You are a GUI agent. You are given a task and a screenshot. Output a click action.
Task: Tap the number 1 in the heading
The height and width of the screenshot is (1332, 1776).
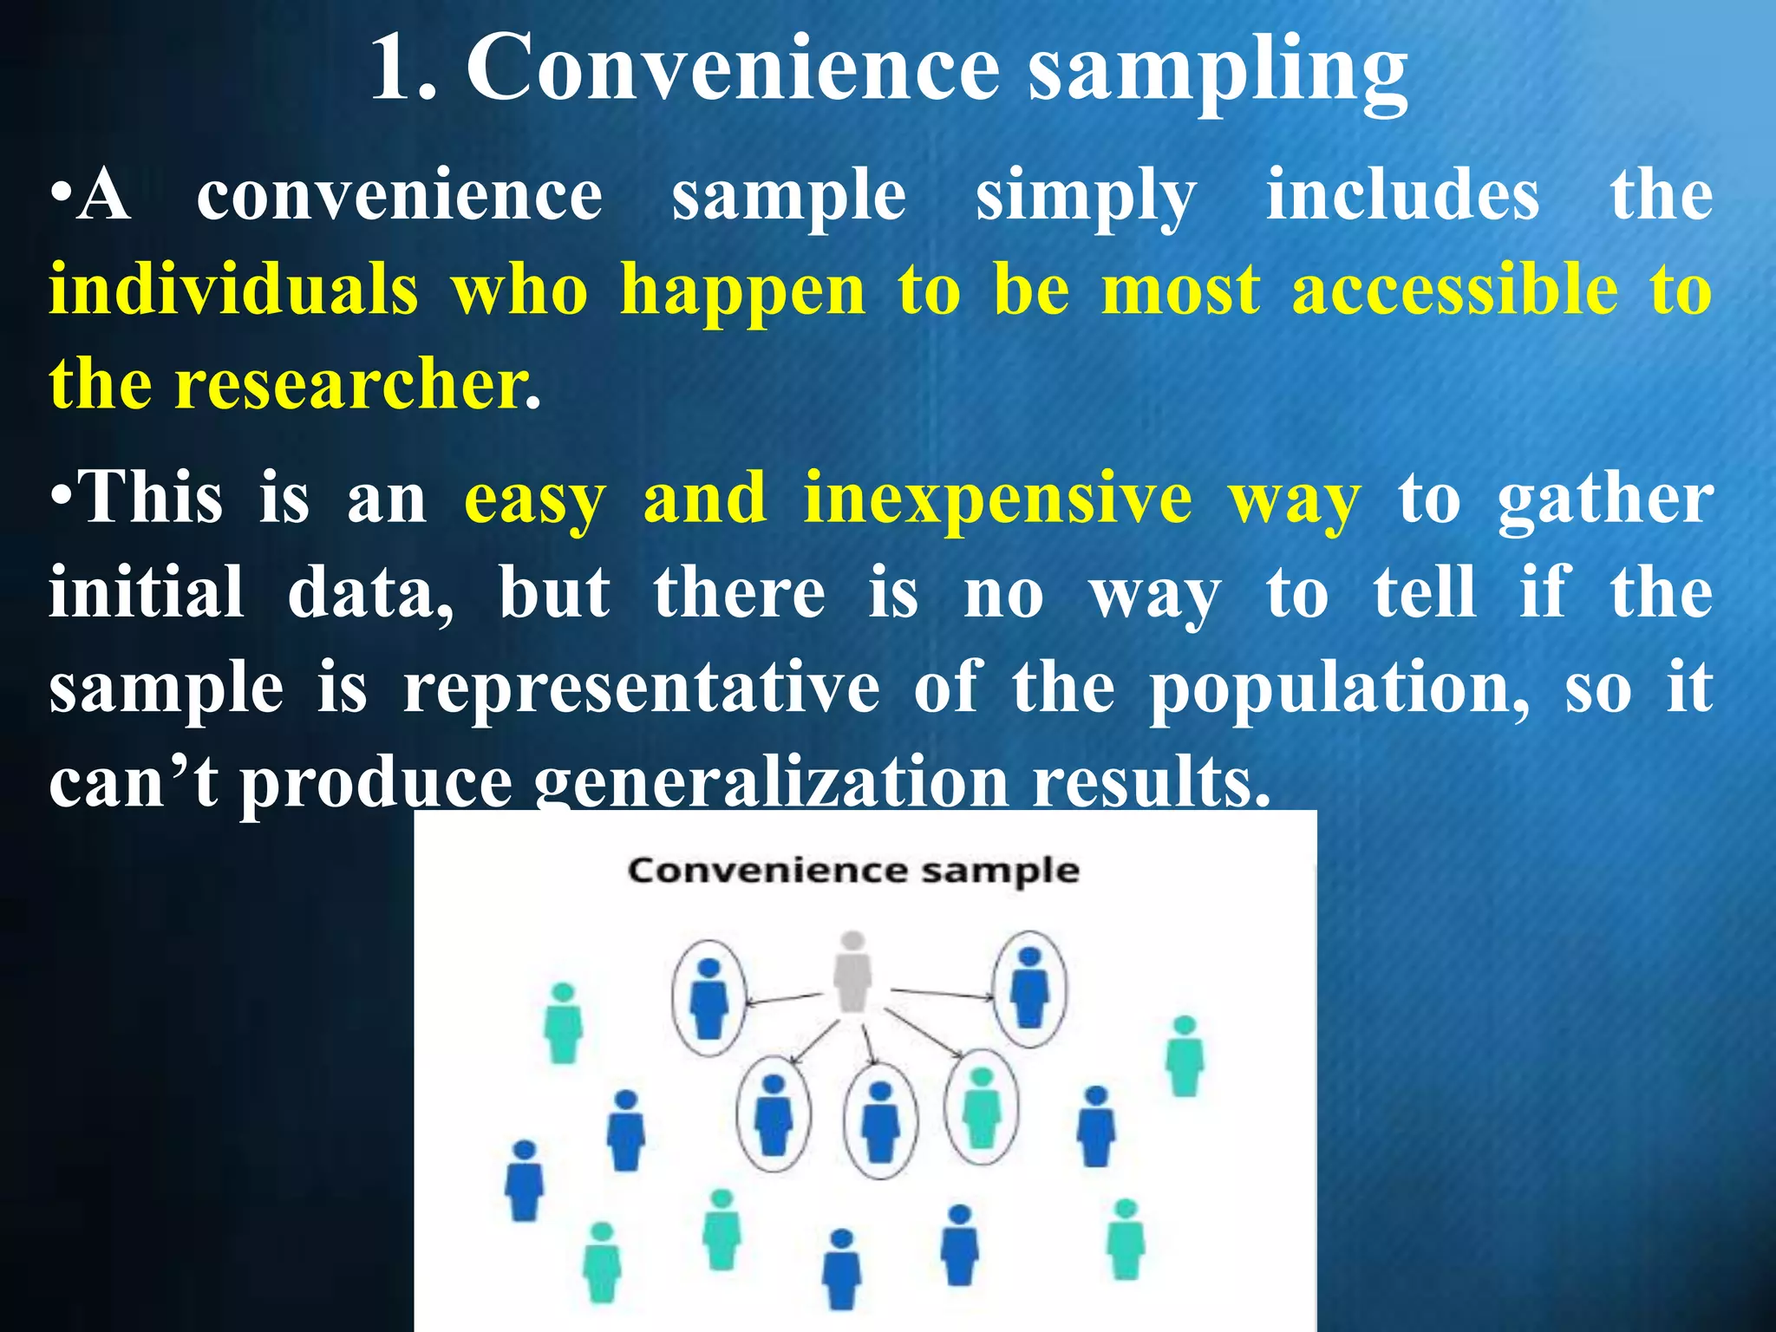click(395, 69)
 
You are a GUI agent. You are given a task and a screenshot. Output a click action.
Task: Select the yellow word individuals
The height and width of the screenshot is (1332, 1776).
click(233, 290)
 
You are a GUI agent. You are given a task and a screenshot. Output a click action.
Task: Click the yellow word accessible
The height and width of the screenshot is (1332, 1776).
click(1454, 290)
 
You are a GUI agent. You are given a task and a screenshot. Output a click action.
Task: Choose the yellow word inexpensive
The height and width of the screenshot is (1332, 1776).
click(997, 499)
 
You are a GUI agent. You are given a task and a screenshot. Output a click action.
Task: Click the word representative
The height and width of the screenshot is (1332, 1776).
click(642, 688)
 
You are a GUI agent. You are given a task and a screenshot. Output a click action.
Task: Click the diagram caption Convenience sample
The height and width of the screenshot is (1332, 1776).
click(853, 870)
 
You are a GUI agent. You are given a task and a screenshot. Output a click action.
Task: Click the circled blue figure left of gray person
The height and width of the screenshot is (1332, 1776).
click(708, 997)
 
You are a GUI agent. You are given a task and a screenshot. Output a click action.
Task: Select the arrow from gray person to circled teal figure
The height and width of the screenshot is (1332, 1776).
click(924, 1034)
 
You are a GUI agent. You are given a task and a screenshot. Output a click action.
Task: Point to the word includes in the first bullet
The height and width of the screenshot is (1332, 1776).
click(1402, 195)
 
